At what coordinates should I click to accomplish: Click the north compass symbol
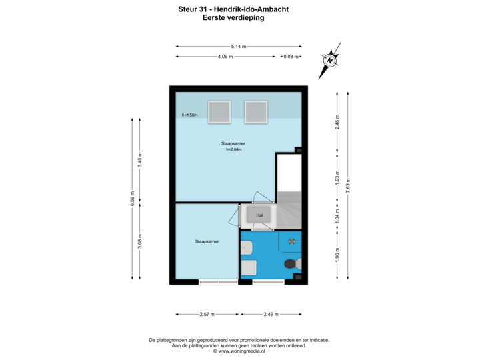click(x=329, y=60)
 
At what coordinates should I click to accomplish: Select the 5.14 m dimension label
click(x=238, y=46)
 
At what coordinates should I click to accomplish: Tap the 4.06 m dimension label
click(x=225, y=57)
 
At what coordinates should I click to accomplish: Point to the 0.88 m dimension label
click(x=291, y=57)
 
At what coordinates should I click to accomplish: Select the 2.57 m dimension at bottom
click(x=207, y=313)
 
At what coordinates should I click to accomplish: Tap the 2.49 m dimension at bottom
click(x=271, y=313)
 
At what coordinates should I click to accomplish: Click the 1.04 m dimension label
click(x=337, y=217)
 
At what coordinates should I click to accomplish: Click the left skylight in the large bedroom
click(x=219, y=111)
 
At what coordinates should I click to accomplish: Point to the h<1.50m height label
click(x=189, y=115)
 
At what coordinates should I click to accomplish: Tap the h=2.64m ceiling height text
click(x=233, y=149)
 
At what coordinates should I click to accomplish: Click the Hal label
click(x=260, y=215)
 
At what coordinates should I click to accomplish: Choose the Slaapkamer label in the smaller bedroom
click(x=207, y=241)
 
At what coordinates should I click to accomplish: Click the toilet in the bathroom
click(x=291, y=264)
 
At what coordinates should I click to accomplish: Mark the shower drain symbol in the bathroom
click(x=291, y=241)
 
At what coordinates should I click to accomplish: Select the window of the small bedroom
click(x=218, y=282)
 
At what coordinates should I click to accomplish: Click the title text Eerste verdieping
click(x=233, y=19)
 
